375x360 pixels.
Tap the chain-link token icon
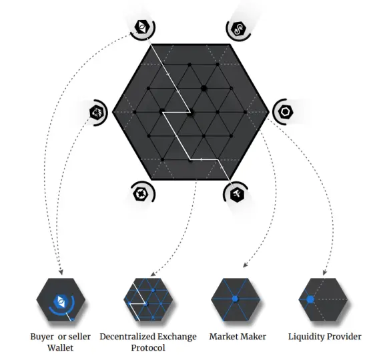[238, 29]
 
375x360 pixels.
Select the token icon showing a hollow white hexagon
[286, 111]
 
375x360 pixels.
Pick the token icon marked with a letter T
[237, 195]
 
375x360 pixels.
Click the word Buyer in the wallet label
[42, 337]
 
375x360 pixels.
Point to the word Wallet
[60, 347]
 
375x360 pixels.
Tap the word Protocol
[148, 347]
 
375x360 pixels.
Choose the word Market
[222, 337]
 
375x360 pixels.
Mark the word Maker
[251, 337]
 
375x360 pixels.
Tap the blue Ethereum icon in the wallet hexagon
[60, 301]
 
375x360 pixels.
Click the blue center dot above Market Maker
[235, 299]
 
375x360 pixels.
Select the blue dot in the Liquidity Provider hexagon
[310, 299]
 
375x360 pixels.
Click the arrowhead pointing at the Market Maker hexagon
[245, 265]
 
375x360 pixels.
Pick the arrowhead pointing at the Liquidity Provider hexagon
[324, 273]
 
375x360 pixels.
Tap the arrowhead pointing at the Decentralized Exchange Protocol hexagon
[153, 274]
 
